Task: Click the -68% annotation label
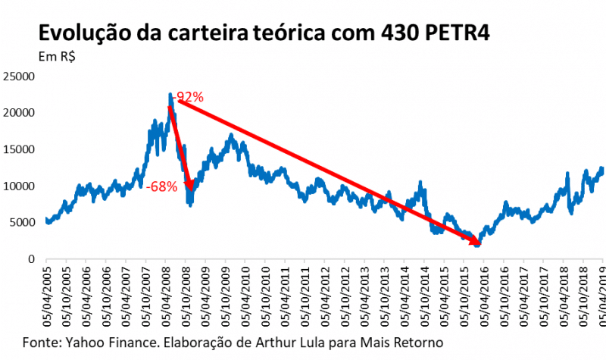pos(161,186)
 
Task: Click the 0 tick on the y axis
pos(31,259)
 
